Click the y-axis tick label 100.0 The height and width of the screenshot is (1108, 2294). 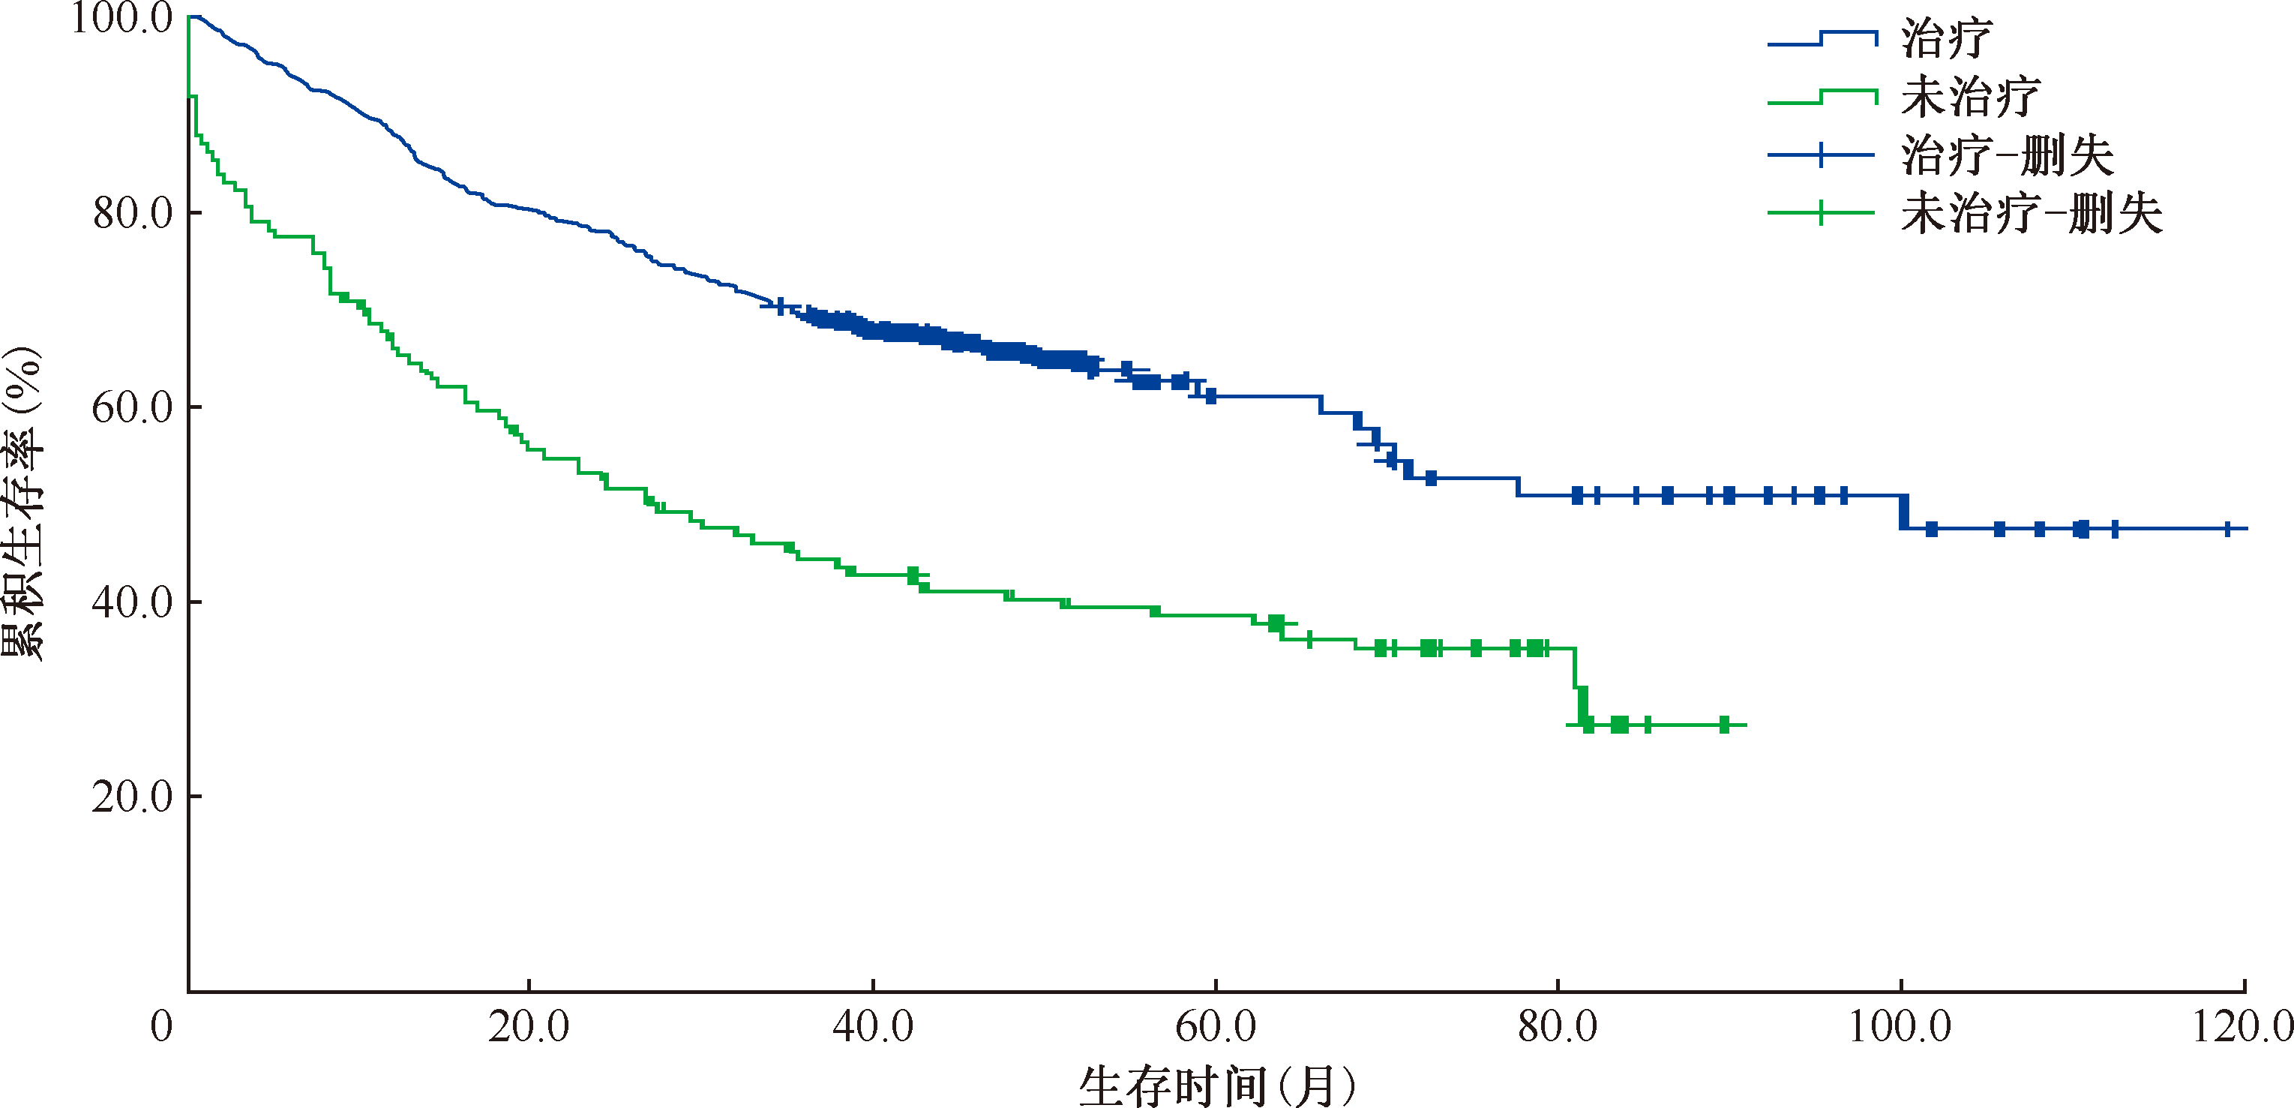point(122,19)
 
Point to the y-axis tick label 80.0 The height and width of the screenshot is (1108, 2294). point(133,213)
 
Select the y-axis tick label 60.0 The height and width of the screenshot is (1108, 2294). point(133,408)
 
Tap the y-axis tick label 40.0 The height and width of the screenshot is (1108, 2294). point(133,602)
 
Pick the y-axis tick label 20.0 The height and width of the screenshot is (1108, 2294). point(133,796)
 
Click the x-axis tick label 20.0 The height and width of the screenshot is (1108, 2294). point(529,1027)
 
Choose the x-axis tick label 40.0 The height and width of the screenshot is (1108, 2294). point(873,1027)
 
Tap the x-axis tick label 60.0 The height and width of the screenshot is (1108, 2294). point(1216,1027)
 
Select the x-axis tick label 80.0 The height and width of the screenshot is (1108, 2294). point(1558,1027)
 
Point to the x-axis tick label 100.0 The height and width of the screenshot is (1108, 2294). point(1900,1027)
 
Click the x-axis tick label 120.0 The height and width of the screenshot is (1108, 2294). point(2242,1027)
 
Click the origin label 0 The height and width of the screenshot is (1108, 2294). point(161,1027)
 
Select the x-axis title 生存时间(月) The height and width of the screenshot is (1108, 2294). point(1217,1085)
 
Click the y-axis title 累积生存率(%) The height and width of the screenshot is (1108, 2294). point(23,503)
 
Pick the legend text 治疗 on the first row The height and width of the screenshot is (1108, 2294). point(1946,39)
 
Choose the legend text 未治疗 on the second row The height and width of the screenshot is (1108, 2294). point(1970,97)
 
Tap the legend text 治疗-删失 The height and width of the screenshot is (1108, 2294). point(2008,156)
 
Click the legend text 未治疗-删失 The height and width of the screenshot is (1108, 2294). point(2032,214)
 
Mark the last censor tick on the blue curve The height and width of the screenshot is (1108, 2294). point(2227,529)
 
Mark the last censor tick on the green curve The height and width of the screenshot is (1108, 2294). point(1724,725)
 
